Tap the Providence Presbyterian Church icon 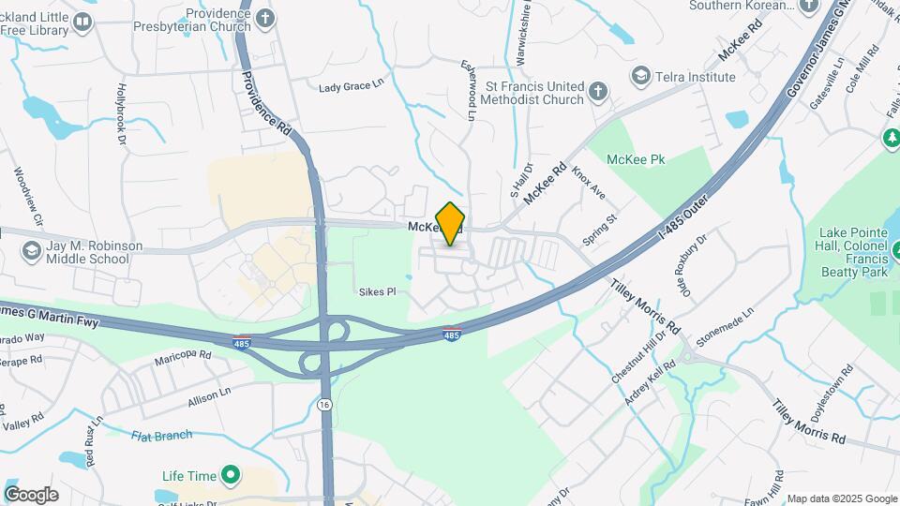(x=266, y=17)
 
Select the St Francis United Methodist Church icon (x=598, y=92)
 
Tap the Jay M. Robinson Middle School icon (x=31, y=251)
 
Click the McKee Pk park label (x=636, y=160)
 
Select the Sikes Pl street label (x=378, y=292)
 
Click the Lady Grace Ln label (x=352, y=86)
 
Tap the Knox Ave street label (x=589, y=184)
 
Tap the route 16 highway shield (x=324, y=403)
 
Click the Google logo (x=31, y=495)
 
